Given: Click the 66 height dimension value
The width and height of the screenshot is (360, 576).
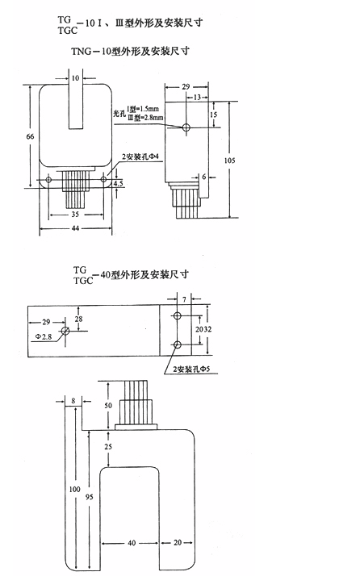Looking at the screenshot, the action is (x=30, y=136).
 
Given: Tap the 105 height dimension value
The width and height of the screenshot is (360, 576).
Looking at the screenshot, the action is (x=229, y=161).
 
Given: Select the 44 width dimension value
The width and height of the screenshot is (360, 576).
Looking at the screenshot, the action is (x=75, y=228).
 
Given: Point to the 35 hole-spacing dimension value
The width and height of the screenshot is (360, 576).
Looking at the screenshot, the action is (x=75, y=214).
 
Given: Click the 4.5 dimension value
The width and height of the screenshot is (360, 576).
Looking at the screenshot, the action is (x=119, y=183).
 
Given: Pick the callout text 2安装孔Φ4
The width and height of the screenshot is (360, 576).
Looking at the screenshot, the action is (x=140, y=157).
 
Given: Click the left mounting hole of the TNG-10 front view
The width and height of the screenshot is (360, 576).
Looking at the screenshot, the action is (x=48, y=179).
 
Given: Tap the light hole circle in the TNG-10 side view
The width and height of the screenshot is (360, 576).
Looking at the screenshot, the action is (x=186, y=127).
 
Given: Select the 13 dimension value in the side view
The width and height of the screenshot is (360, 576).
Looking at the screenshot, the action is (x=198, y=98).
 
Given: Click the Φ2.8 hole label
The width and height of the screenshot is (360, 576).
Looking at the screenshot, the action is (x=44, y=336).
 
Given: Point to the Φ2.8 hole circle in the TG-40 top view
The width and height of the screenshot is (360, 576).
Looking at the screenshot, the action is (x=65, y=331).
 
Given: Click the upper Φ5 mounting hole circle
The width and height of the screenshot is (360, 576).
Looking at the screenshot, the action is (x=178, y=315).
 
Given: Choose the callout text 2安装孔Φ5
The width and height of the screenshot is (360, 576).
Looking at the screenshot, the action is (x=191, y=369).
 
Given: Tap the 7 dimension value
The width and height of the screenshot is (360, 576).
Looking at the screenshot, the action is (x=185, y=299).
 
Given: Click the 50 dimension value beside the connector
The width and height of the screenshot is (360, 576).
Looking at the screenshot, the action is (x=108, y=405).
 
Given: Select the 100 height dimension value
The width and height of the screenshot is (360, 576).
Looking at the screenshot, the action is (x=74, y=489).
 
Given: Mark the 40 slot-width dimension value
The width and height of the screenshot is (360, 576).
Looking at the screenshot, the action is (x=132, y=543).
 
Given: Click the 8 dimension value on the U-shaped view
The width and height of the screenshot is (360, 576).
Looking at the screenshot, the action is (x=73, y=401).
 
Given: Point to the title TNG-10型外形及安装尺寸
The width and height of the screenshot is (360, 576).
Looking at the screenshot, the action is (x=130, y=51).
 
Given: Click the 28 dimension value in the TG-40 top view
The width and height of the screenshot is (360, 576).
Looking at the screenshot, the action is (x=78, y=319).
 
